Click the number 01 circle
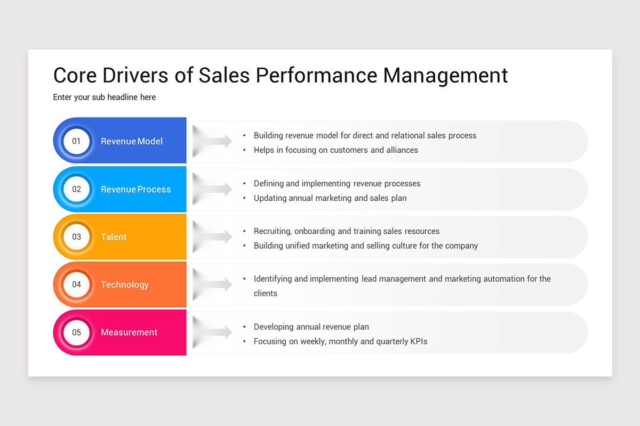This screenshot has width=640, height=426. [76, 141]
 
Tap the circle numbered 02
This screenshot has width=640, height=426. [76, 189]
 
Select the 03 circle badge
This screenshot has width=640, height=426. [76, 236]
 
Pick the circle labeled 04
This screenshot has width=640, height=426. [76, 284]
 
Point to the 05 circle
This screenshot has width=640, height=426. [76, 332]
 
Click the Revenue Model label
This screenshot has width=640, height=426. [131, 141]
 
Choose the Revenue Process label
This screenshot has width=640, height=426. [135, 189]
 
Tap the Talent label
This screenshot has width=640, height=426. [114, 237]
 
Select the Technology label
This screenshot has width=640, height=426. [124, 284]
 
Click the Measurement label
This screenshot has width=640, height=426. [129, 332]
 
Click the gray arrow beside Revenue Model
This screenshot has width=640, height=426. [213, 141]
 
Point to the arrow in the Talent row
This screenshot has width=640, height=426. [213, 237]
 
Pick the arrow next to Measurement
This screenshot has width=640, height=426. [213, 332]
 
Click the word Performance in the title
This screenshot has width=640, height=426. [317, 75]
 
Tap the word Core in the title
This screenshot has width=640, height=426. [75, 75]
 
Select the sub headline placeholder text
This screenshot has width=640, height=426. [104, 97]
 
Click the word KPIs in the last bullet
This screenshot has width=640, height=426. [417, 341]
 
